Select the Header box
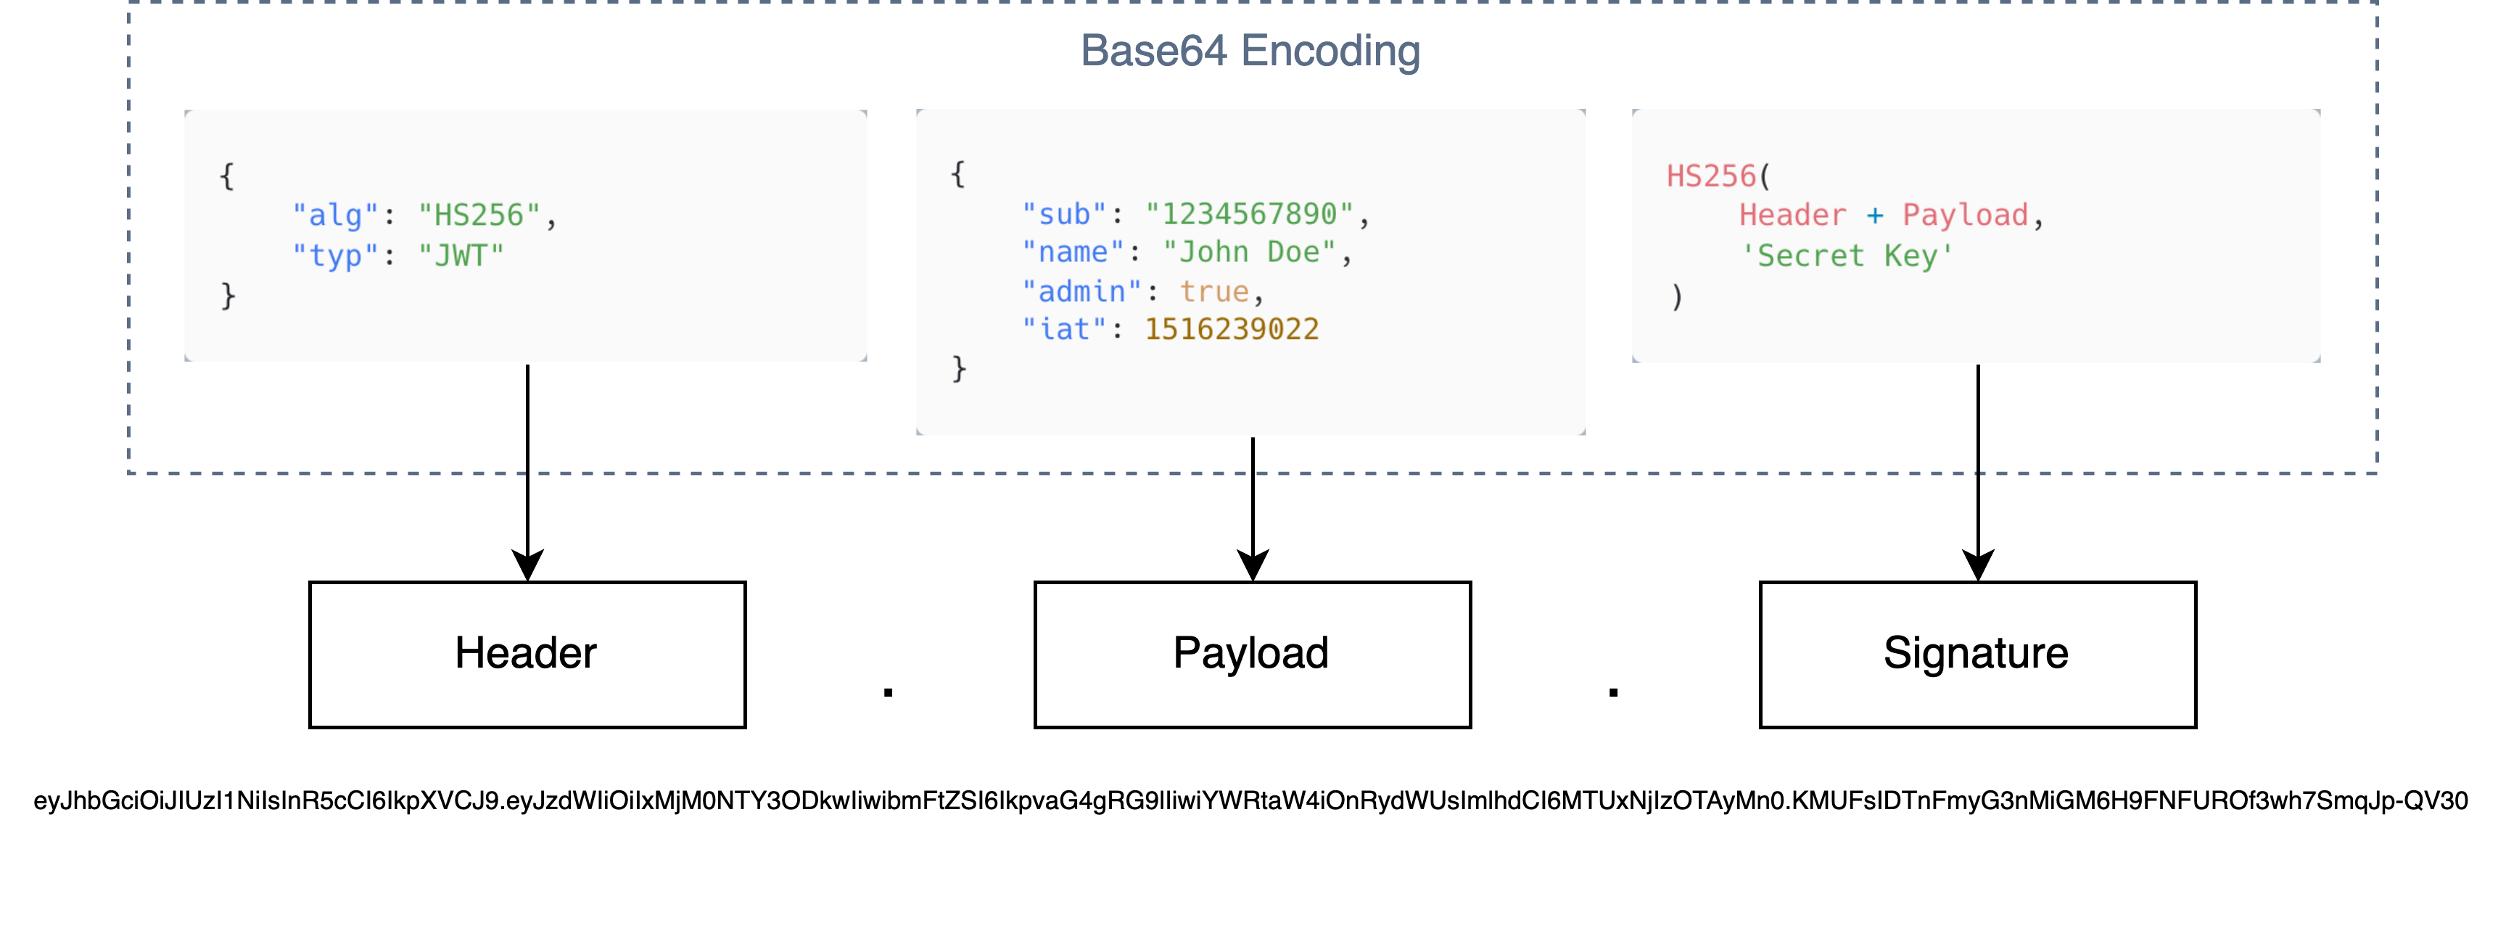click(x=527, y=654)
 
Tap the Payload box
click(x=1251, y=654)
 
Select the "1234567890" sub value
click(x=1249, y=214)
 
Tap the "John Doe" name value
click(x=1249, y=252)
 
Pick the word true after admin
click(x=1214, y=291)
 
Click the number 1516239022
click(x=1232, y=329)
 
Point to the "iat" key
click(x=1064, y=329)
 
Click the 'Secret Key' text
click(x=1847, y=256)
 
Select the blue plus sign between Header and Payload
click(x=1875, y=215)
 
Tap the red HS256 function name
click(x=1711, y=176)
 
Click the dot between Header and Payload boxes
click(x=889, y=692)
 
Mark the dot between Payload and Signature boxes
click(x=1613, y=692)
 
